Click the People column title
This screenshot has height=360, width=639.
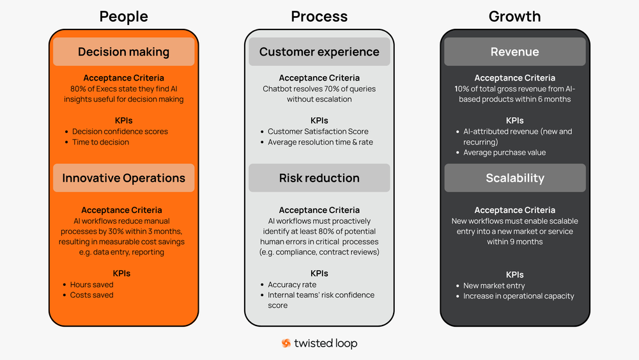coord(123,16)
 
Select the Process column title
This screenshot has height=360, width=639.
coord(319,16)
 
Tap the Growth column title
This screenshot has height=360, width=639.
coord(514,16)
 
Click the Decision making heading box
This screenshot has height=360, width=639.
coord(123,52)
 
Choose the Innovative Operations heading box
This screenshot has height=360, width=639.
coord(123,178)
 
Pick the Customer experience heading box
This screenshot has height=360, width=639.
coord(319,52)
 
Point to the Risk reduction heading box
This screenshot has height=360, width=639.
coord(319,178)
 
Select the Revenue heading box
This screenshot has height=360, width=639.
coord(514,52)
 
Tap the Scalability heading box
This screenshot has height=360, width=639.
coord(514,178)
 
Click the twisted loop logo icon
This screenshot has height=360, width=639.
coord(286,343)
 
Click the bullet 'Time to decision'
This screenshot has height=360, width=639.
coord(100,142)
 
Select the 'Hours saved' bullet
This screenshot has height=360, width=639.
coord(91,285)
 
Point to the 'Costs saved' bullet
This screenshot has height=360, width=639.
coord(91,295)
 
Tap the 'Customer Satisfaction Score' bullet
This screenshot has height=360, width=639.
coord(318,132)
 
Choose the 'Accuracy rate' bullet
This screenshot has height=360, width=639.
coord(291,285)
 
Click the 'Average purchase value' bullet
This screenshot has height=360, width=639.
coord(504,152)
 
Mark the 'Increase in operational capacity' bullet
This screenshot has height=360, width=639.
coord(518,296)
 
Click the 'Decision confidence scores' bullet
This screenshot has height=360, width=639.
coord(119,132)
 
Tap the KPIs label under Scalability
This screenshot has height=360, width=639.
coord(514,274)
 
